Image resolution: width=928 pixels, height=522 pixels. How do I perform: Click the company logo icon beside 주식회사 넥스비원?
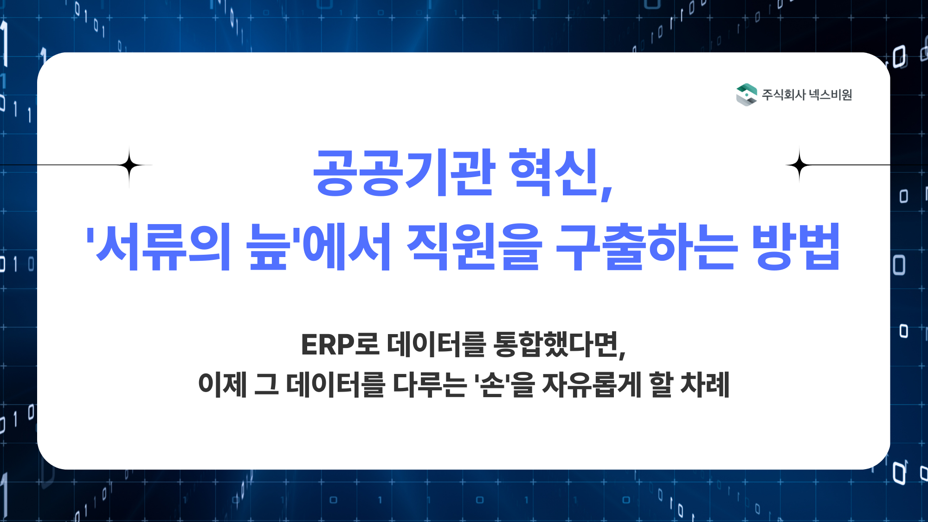tap(746, 95)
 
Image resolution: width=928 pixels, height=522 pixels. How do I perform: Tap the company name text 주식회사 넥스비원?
tap(807, 95)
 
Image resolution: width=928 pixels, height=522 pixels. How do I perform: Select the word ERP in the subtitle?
tap(328, 345)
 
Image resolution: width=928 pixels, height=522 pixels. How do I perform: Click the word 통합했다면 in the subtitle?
tap(556, 345)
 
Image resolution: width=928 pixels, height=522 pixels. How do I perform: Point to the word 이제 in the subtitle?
tap(222, 385)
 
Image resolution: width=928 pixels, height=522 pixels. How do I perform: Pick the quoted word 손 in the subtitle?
tap(493, 385)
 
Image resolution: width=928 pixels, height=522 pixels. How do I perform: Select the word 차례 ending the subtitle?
tap(705, 385)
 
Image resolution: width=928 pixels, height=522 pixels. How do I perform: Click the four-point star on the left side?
tap(129, 165)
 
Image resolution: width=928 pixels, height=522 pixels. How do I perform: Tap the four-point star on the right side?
tap(799, 165)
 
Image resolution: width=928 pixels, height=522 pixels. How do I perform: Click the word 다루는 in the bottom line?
tap(430, 385)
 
